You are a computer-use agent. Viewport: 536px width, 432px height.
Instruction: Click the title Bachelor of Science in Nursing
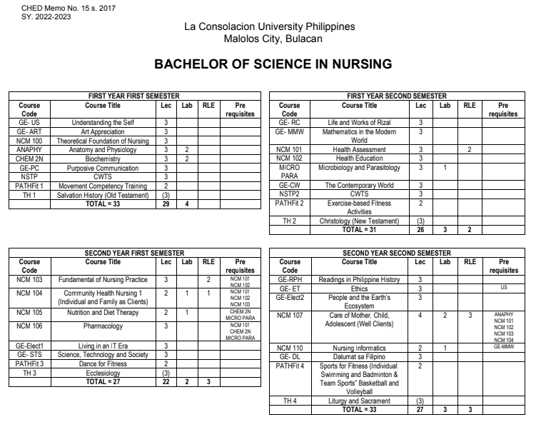tap(268, 64)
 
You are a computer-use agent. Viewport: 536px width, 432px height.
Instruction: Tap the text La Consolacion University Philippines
tap(269, 26)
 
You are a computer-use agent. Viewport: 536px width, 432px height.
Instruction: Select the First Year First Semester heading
tap(132, 96)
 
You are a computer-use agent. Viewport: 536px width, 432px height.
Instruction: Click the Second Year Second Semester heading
tap(395, 252)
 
